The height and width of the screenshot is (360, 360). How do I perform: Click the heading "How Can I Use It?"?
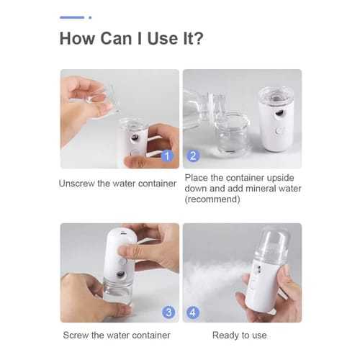tap(131, 37)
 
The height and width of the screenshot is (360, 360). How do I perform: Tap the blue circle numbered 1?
tap(167, 155)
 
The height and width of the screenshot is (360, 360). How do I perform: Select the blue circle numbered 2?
tap(192, 155)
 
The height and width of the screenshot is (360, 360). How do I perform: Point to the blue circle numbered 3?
tap(167, 312)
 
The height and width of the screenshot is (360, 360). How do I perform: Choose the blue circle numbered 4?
tap(192, 312)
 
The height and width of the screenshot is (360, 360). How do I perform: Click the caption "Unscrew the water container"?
tap(117, 184)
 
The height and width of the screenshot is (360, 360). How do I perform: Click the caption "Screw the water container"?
tap(117, 335)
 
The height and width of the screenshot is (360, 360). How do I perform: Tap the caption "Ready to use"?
tap(240, 335)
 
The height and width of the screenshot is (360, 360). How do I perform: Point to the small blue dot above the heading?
tap(89, 17)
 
